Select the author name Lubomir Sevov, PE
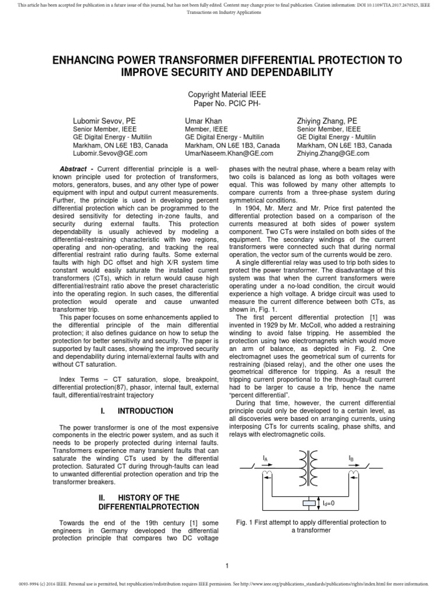pyautogui.click(x=104, y=120)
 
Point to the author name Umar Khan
pyautogui.click(x=204, y=120)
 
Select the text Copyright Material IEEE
pyautogui.click(x=224, y=94)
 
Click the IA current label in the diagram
pyautogui.click(x=265, y=459)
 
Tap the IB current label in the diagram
pyautogui.click(x=352, y=459)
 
